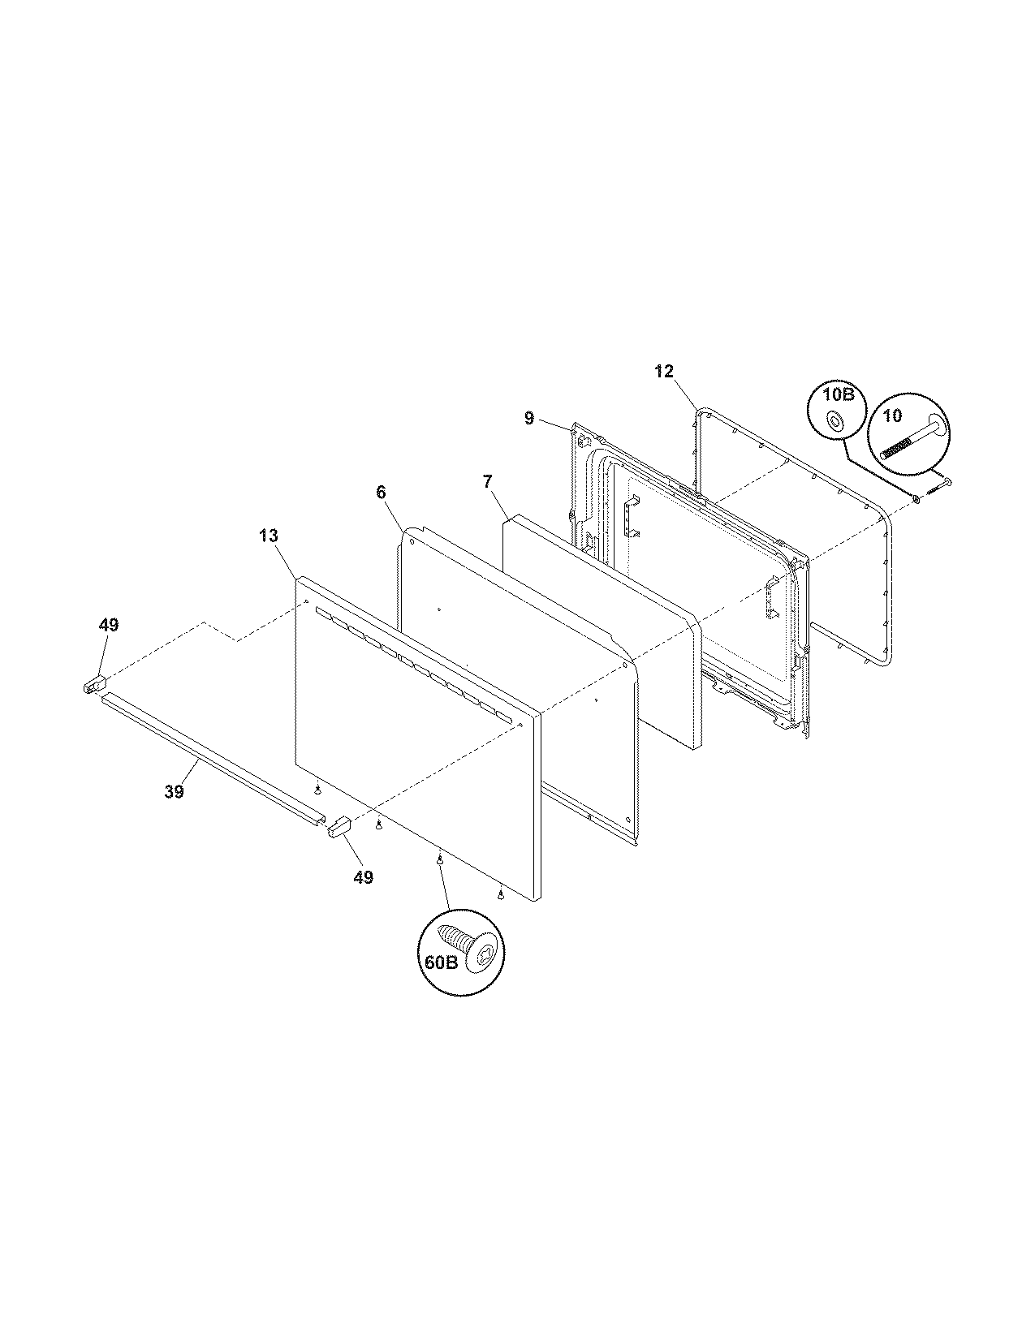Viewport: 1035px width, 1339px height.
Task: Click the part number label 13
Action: point(269,536)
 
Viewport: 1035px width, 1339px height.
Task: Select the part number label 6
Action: point(381,493)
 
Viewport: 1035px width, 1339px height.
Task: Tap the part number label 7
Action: point(487,482)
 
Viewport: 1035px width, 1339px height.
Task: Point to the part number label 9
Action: point(529,418)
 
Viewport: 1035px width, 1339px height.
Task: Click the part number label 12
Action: point(663,372)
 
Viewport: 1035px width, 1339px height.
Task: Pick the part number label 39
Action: point(175,792)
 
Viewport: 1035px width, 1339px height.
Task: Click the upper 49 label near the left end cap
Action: point(108,625)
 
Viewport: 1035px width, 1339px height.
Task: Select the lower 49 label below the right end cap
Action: point(364,877)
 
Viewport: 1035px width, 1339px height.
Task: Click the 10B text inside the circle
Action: point(836,395)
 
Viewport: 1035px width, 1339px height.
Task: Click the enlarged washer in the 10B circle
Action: point(834,421)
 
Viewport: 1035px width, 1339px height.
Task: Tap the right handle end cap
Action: point(338,827)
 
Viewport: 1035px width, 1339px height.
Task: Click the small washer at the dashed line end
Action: point(916,498)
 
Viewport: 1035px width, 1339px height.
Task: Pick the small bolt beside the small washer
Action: point(938,488)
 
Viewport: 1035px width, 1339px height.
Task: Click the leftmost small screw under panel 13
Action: point(318,788)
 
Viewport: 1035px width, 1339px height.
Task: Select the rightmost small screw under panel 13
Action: point(501,894)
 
